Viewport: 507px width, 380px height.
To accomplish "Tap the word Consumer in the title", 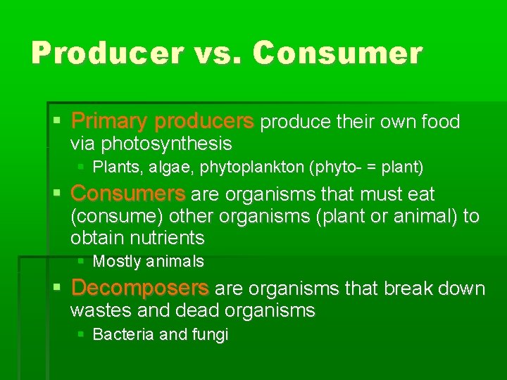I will pyautogui.click(x=338, y=53).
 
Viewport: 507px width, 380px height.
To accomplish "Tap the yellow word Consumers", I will pyautogui.click(x=128, y=194).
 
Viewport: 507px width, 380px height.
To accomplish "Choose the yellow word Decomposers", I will pyautogui.click(x=140, y=289).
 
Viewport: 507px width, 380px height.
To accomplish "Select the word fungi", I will pyautogui.click(x=209, y=335).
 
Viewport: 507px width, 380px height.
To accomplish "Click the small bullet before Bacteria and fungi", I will pyautogui.click(x=81, y=334).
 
